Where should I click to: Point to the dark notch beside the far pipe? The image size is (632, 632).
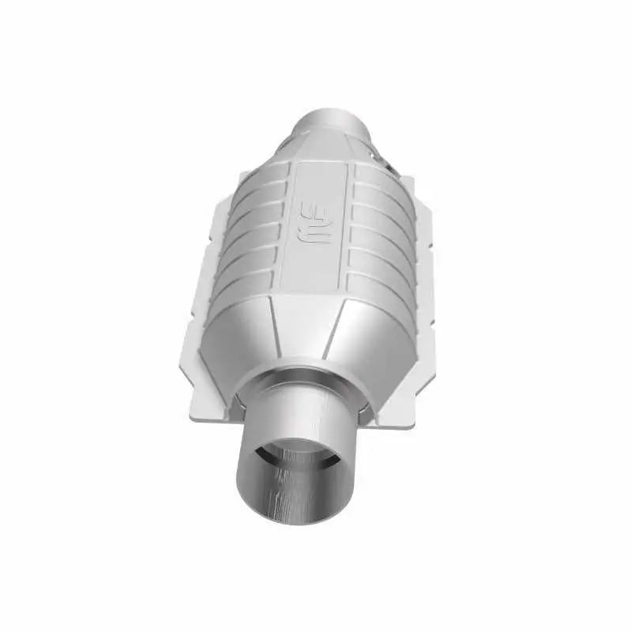point(386,162)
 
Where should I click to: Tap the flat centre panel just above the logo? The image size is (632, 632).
point(320,178)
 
